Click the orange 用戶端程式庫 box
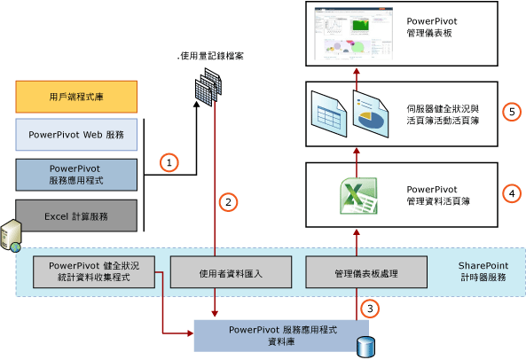pyautogui.click(x=75, y=96)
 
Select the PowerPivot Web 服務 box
pyautogui.click(x=75, y=135)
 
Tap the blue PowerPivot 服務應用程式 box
pyautogui.click(x=75, y=175)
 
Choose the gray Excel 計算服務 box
pyautogui.click(x=75, y=215)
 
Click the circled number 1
pyautogui.click(x=169, y=162)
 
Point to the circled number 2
pyautogui.click(x=228, y=201)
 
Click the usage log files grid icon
pyautogui.click(x=208, y=86)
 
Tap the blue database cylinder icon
pyautogui.click(x=364, y=346)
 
